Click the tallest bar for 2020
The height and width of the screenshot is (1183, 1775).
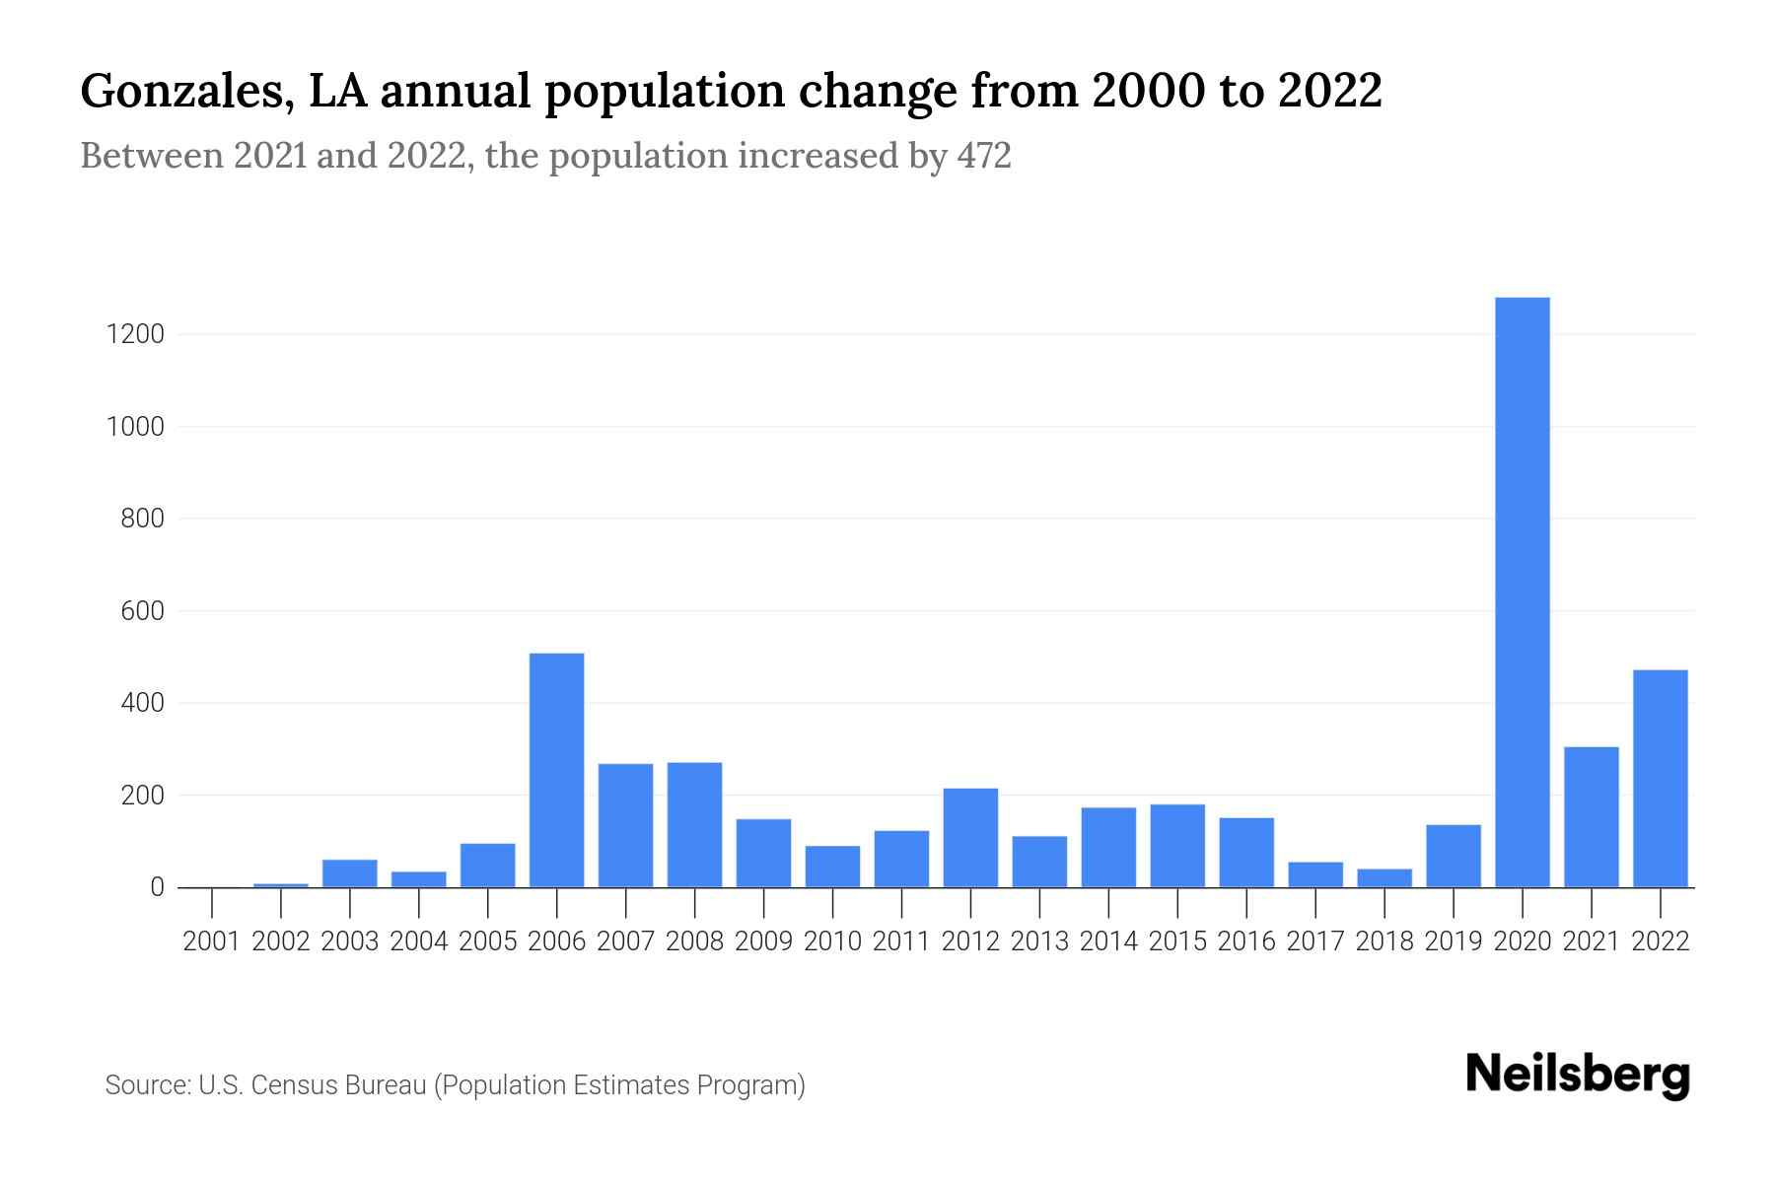(x=1522, y=591)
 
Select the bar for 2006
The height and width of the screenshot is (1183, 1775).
(x=556, y=770)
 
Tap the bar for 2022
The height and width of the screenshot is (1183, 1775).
(x=1660, y=779)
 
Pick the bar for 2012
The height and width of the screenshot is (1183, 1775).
(x=970, y=838)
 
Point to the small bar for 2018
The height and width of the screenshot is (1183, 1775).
(x=1384, y=877)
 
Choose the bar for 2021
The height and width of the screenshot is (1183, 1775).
(x=1591, y=817)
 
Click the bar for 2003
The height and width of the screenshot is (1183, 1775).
(x=349, y=873)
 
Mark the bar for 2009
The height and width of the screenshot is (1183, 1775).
(x=763, y=853)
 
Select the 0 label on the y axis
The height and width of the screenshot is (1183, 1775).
(x=157, y=887)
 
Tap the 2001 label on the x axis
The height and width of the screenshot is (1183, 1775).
(x=212, y=941)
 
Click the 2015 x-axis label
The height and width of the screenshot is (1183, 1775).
(x=1177, y=941)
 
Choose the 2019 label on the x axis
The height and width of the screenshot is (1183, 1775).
(x=1454, y=941)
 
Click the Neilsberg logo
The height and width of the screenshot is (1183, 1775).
(x=1578, y=1075)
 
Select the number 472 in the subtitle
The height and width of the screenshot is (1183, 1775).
(x=983, y=156)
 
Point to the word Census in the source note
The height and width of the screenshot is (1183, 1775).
(x=292, y=1085)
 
